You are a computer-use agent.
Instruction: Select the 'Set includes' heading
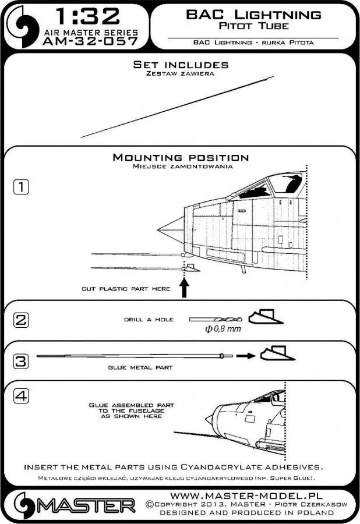tap(180, 65)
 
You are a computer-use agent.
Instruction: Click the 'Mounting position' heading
tap(180, 157)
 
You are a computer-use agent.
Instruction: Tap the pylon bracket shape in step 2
tap(265, 317)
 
